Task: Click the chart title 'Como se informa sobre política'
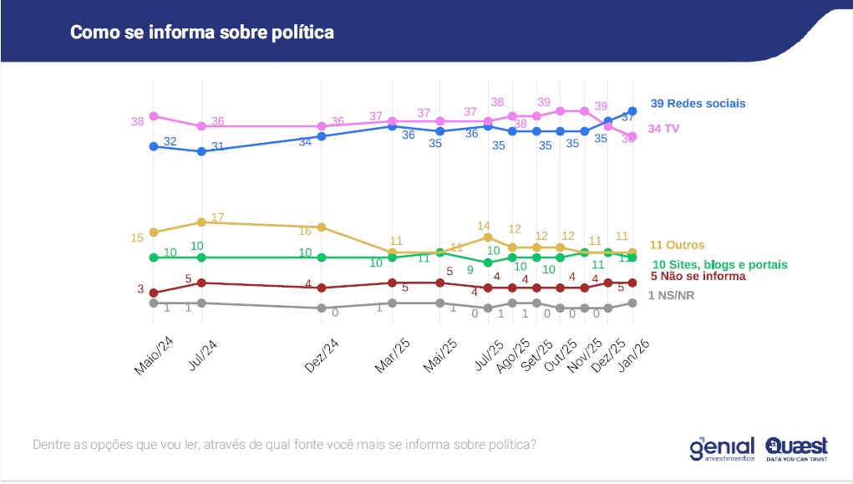click(201, 33)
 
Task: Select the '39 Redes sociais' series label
click(698, 104)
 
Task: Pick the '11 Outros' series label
click(677, 245)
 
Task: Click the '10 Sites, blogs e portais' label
click(719, 264)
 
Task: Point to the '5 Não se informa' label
click(698, 276)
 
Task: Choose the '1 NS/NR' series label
click(671, 295)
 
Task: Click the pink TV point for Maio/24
click(154, 116)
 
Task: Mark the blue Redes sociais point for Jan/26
click(632, 111)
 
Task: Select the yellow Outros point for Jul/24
click(201, 222)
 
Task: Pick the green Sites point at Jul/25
click(488, 262)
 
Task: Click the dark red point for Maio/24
click(154, 293)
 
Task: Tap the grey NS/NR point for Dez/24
click(322, 308)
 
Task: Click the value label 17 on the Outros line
click(218, 217)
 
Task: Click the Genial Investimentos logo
click(722, 448)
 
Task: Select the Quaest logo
click(796, 448)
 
